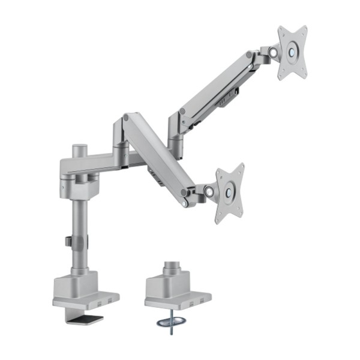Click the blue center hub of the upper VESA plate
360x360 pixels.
tap(293, 51)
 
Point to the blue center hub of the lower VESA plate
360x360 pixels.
tap(228, 192)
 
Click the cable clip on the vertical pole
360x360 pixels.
tap(69, 241)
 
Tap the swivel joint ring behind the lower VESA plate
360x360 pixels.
tap(209, 192)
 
